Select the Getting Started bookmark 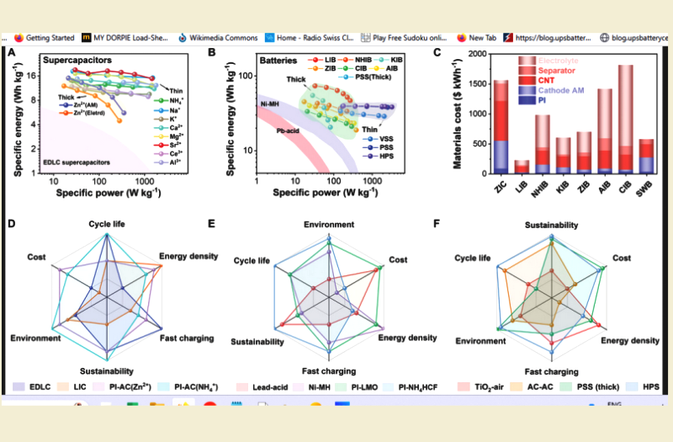[x=48, y=37]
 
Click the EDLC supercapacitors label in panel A [x=72, y=159]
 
